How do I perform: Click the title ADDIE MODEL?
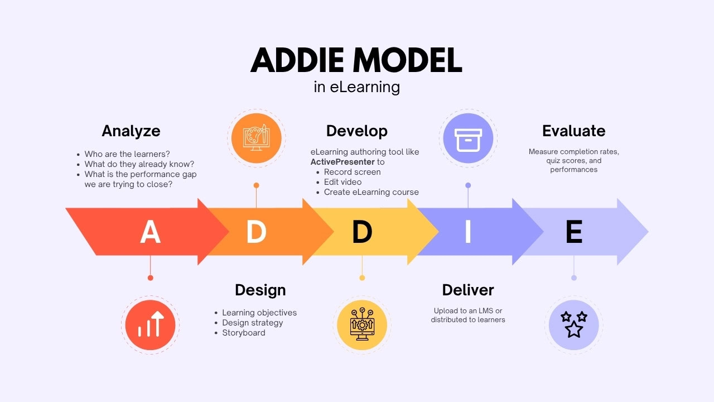coord(356,60)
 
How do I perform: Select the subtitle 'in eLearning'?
coord(356,88)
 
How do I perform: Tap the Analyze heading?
coord(131,131)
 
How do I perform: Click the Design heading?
coord(260,290)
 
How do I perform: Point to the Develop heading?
coord(356,131)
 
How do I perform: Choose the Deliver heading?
coord(467,290)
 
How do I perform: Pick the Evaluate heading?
coord(573,131)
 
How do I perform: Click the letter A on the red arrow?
coord(150,232)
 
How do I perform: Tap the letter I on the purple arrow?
coord(468,232)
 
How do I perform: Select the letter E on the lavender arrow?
coord(574,232)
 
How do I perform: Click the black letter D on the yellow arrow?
coord(362,232)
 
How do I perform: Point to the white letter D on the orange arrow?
coord(256,232)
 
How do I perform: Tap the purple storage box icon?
coord(467,138)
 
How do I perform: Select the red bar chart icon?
coord(150,324)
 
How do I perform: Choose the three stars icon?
coord(573,324)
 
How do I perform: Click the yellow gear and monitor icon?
coord(361,324)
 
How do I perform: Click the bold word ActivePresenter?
coord(342,162)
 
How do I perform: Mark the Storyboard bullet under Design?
coord(244,333)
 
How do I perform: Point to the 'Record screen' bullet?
coord(352,172)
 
